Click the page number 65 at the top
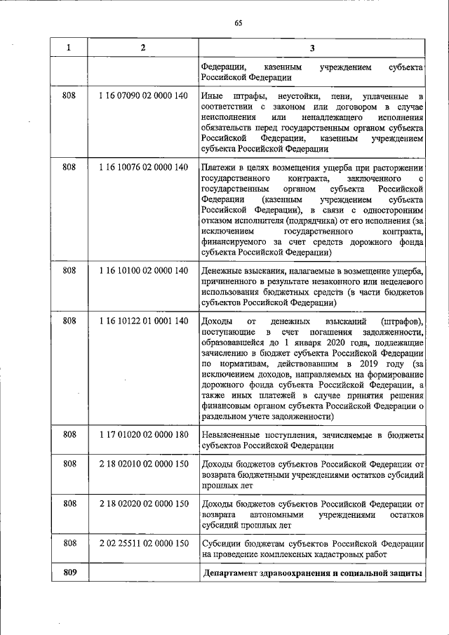(238, 22)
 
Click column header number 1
(69, 47)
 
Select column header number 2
(143, 47)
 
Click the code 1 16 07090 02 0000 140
(143, 95)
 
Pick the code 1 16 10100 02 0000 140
(143, 270)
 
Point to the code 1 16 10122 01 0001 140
(143, 321)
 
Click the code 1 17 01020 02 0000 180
(143, 435)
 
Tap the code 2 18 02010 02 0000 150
(143, 464)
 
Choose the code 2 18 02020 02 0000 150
(143, 504)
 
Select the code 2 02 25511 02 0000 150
(143, 544)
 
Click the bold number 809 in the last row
(69, 573)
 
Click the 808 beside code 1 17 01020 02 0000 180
(69, 435)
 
